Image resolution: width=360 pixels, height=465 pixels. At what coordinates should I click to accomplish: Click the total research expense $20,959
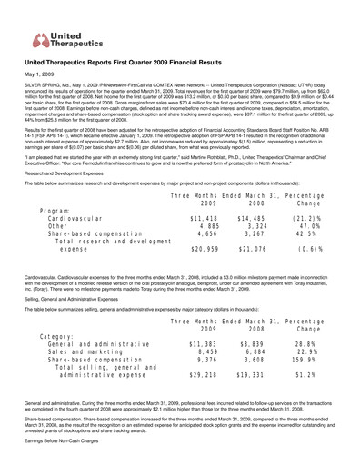pos(209,274)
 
